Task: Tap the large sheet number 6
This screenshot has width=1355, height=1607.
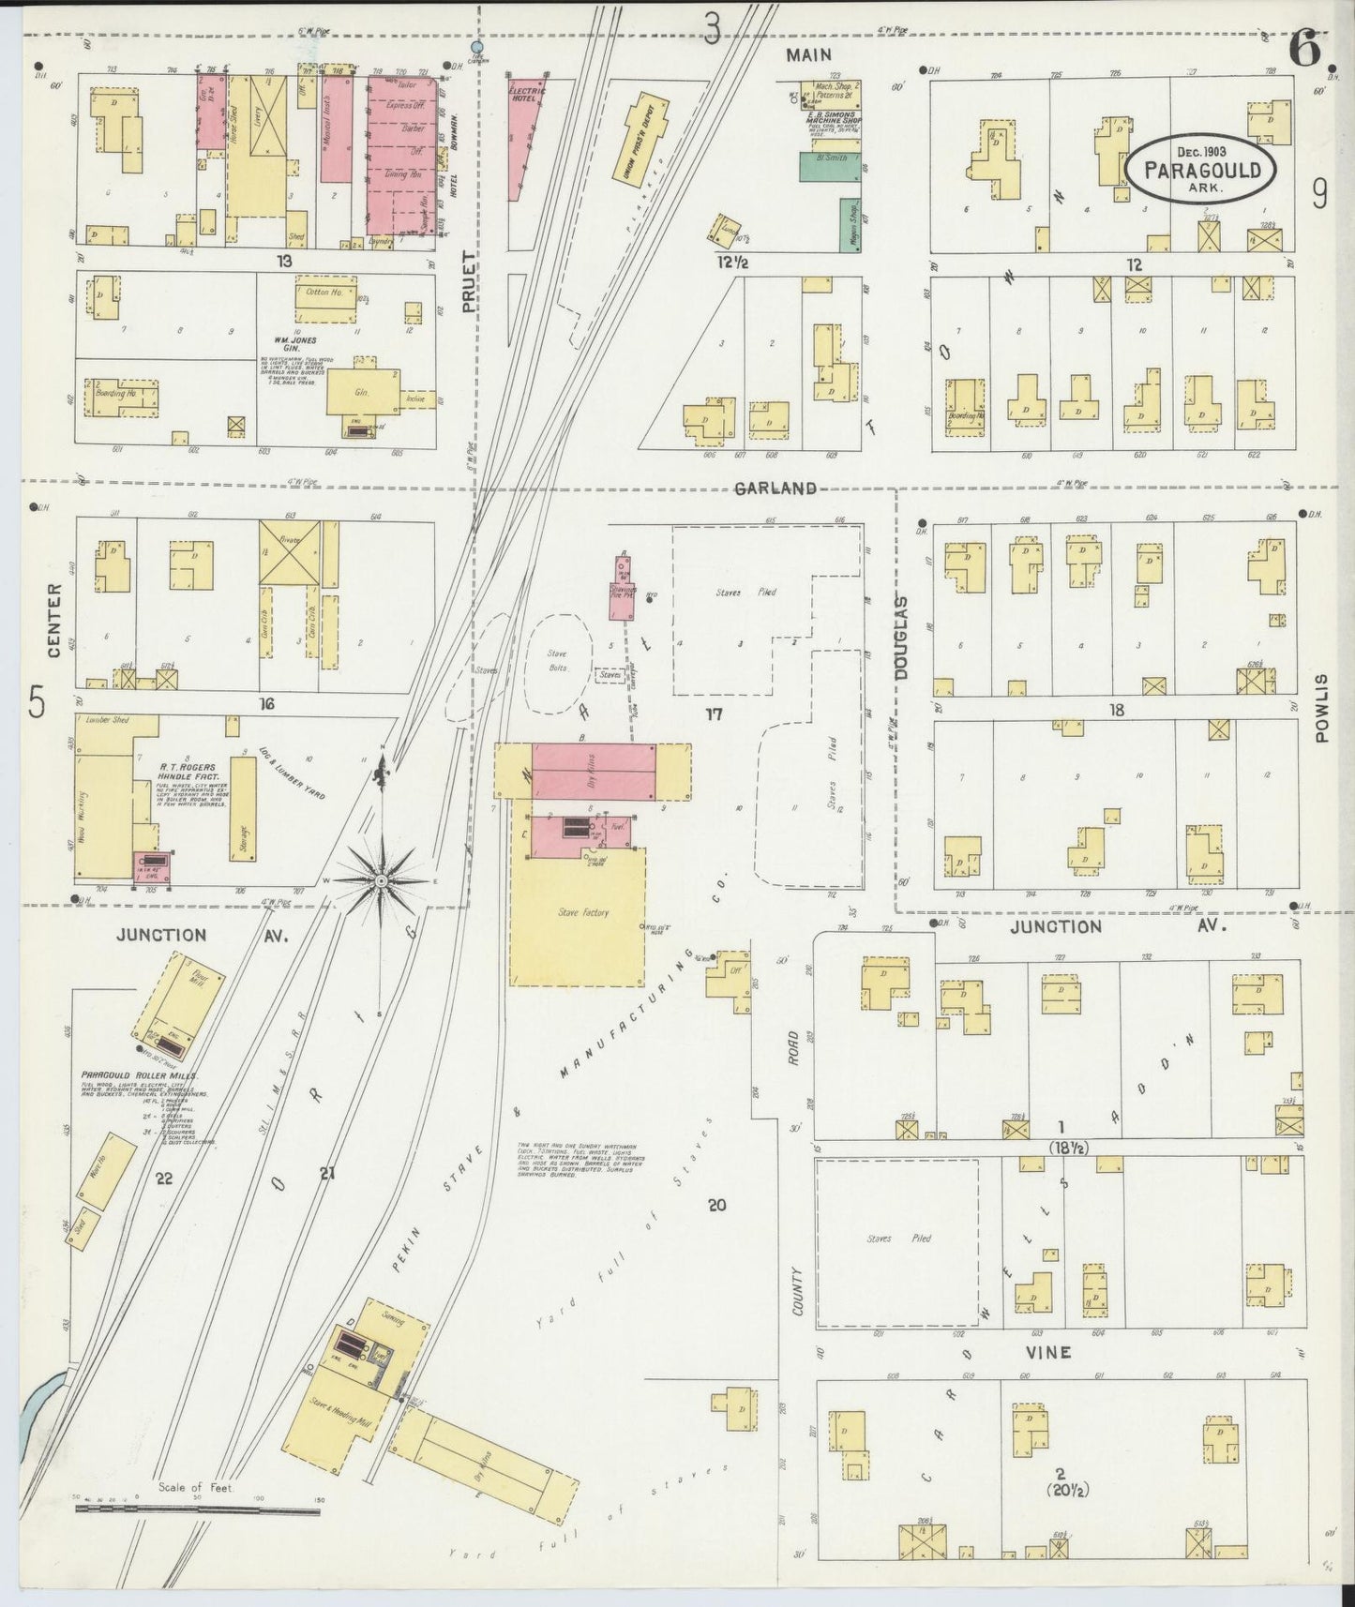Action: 1306,49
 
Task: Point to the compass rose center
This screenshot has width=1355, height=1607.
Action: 382,882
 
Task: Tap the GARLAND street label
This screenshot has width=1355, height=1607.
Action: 775,488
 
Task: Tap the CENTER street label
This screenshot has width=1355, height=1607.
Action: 53,621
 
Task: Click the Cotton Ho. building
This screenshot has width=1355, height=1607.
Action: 325,293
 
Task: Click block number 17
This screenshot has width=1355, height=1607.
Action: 715,715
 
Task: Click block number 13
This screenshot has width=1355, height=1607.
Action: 284,260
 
